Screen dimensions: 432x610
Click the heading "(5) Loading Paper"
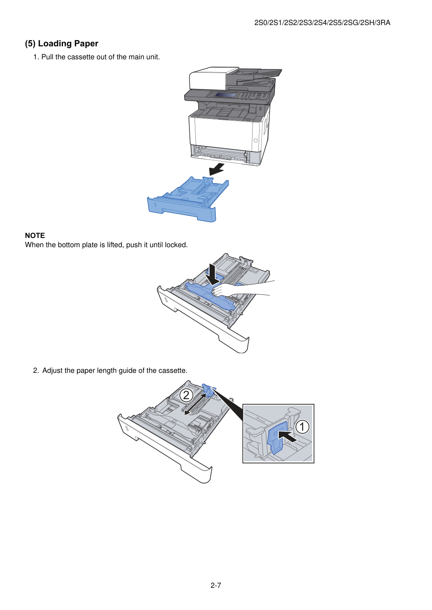(x=61, y=43)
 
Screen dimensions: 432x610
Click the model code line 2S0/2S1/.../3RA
(x=322, y=23)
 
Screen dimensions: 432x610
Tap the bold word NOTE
(x=35, y=235)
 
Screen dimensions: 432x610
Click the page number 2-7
(x=216, y=585)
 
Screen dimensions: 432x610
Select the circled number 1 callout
(x=302, y=426)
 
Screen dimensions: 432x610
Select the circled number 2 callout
(x=186, y=395)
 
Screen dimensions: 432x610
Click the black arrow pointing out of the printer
(x=217, y=170)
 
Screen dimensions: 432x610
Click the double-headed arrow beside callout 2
(x=195, y=404)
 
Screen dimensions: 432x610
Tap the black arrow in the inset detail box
(x=288, y=435)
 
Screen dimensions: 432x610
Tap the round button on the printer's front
(x=255, y=141)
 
